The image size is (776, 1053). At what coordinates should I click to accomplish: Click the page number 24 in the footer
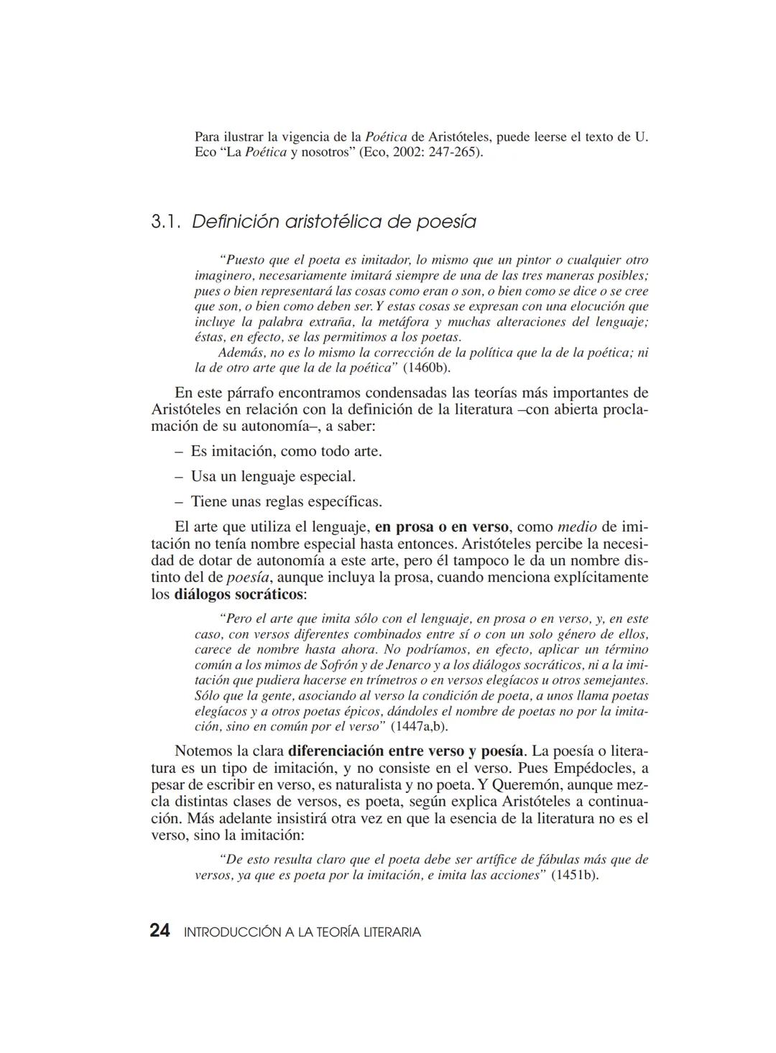pyautogui.click(x=160, y=931)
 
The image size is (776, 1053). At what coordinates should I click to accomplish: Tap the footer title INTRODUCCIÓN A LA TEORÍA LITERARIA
pyautogui.click(x=302, y=932)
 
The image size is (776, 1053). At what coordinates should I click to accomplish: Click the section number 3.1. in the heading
pyautogui.click(x=166, y=222)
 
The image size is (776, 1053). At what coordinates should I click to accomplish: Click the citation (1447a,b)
pyautogui.click(x=419, y=725)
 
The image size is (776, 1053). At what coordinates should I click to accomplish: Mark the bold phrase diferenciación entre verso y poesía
pyautogui.click(x=405, y=751)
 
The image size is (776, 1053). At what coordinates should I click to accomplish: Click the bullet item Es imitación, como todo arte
pyautogui.click(x=286, y=451)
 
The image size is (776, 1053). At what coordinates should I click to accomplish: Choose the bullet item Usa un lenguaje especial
pyautogui.click(x=273, y=476)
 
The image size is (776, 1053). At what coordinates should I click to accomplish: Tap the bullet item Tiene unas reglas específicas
pyautogui.click(x=286, y=501)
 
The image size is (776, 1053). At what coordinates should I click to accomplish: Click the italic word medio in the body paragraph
pyautogui.click(x=577, y=526)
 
